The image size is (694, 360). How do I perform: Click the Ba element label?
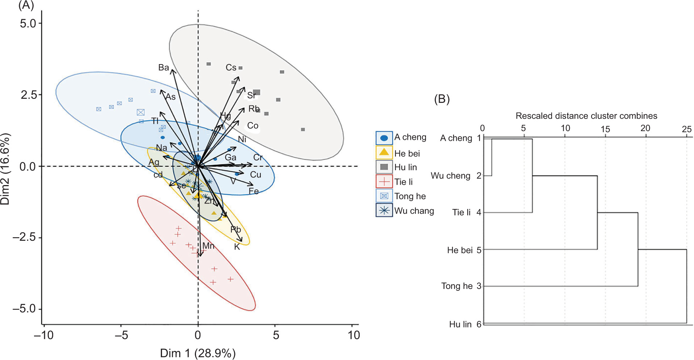163,68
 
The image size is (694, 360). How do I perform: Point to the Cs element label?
231,68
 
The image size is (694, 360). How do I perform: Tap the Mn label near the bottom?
208,246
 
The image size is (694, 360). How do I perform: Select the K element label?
237,247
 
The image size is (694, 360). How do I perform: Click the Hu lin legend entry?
405,167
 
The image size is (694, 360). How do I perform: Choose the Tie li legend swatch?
384,181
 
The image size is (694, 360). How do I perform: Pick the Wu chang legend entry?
414,211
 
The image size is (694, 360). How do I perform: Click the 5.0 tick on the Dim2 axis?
28,24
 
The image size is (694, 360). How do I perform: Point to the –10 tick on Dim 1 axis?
43,335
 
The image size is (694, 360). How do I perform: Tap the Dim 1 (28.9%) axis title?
198,353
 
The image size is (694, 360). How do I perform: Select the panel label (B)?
442,99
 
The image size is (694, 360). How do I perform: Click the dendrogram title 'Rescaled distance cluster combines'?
586,116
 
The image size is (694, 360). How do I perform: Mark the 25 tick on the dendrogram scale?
686,129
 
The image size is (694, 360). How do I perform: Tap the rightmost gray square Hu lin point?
303,129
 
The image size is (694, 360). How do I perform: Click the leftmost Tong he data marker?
99,109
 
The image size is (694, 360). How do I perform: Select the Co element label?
252,126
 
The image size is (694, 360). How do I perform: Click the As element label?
171,97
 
